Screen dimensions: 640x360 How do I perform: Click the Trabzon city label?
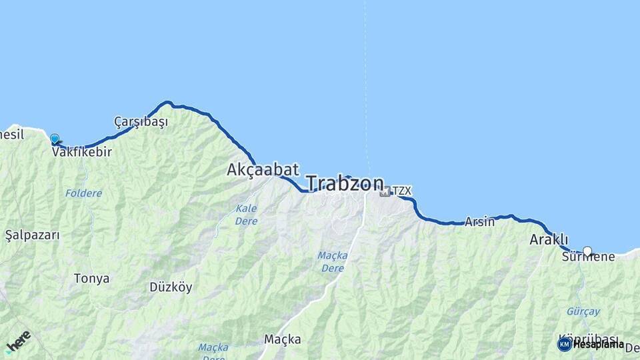[345, 183]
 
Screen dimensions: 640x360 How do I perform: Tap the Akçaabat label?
[263, 169]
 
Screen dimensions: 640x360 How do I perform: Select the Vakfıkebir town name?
[81, 152]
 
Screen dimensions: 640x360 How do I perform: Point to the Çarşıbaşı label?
[141, 122]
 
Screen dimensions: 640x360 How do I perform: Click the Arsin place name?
[479, 222]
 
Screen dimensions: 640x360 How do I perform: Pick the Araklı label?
[549, 239]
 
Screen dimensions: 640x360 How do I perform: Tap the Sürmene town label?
[588, 257]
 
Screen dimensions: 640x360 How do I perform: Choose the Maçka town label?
[283, 339]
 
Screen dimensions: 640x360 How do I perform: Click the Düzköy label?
[171, 287]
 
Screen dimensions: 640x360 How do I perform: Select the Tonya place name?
[91, 279]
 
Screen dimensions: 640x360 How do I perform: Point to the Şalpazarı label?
[32, 235]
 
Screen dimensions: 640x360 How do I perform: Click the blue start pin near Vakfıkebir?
[54, 139]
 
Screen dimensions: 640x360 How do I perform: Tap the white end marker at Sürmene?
[587, 251]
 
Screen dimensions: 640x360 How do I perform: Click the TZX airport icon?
[385, 192]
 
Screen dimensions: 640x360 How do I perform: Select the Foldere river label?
[83, 193]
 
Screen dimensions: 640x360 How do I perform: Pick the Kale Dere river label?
[246, 215]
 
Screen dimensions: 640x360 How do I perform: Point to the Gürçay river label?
[583, 311]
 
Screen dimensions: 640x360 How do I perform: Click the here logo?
[19, 342]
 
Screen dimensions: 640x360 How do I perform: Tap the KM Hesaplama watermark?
[591, 344]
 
